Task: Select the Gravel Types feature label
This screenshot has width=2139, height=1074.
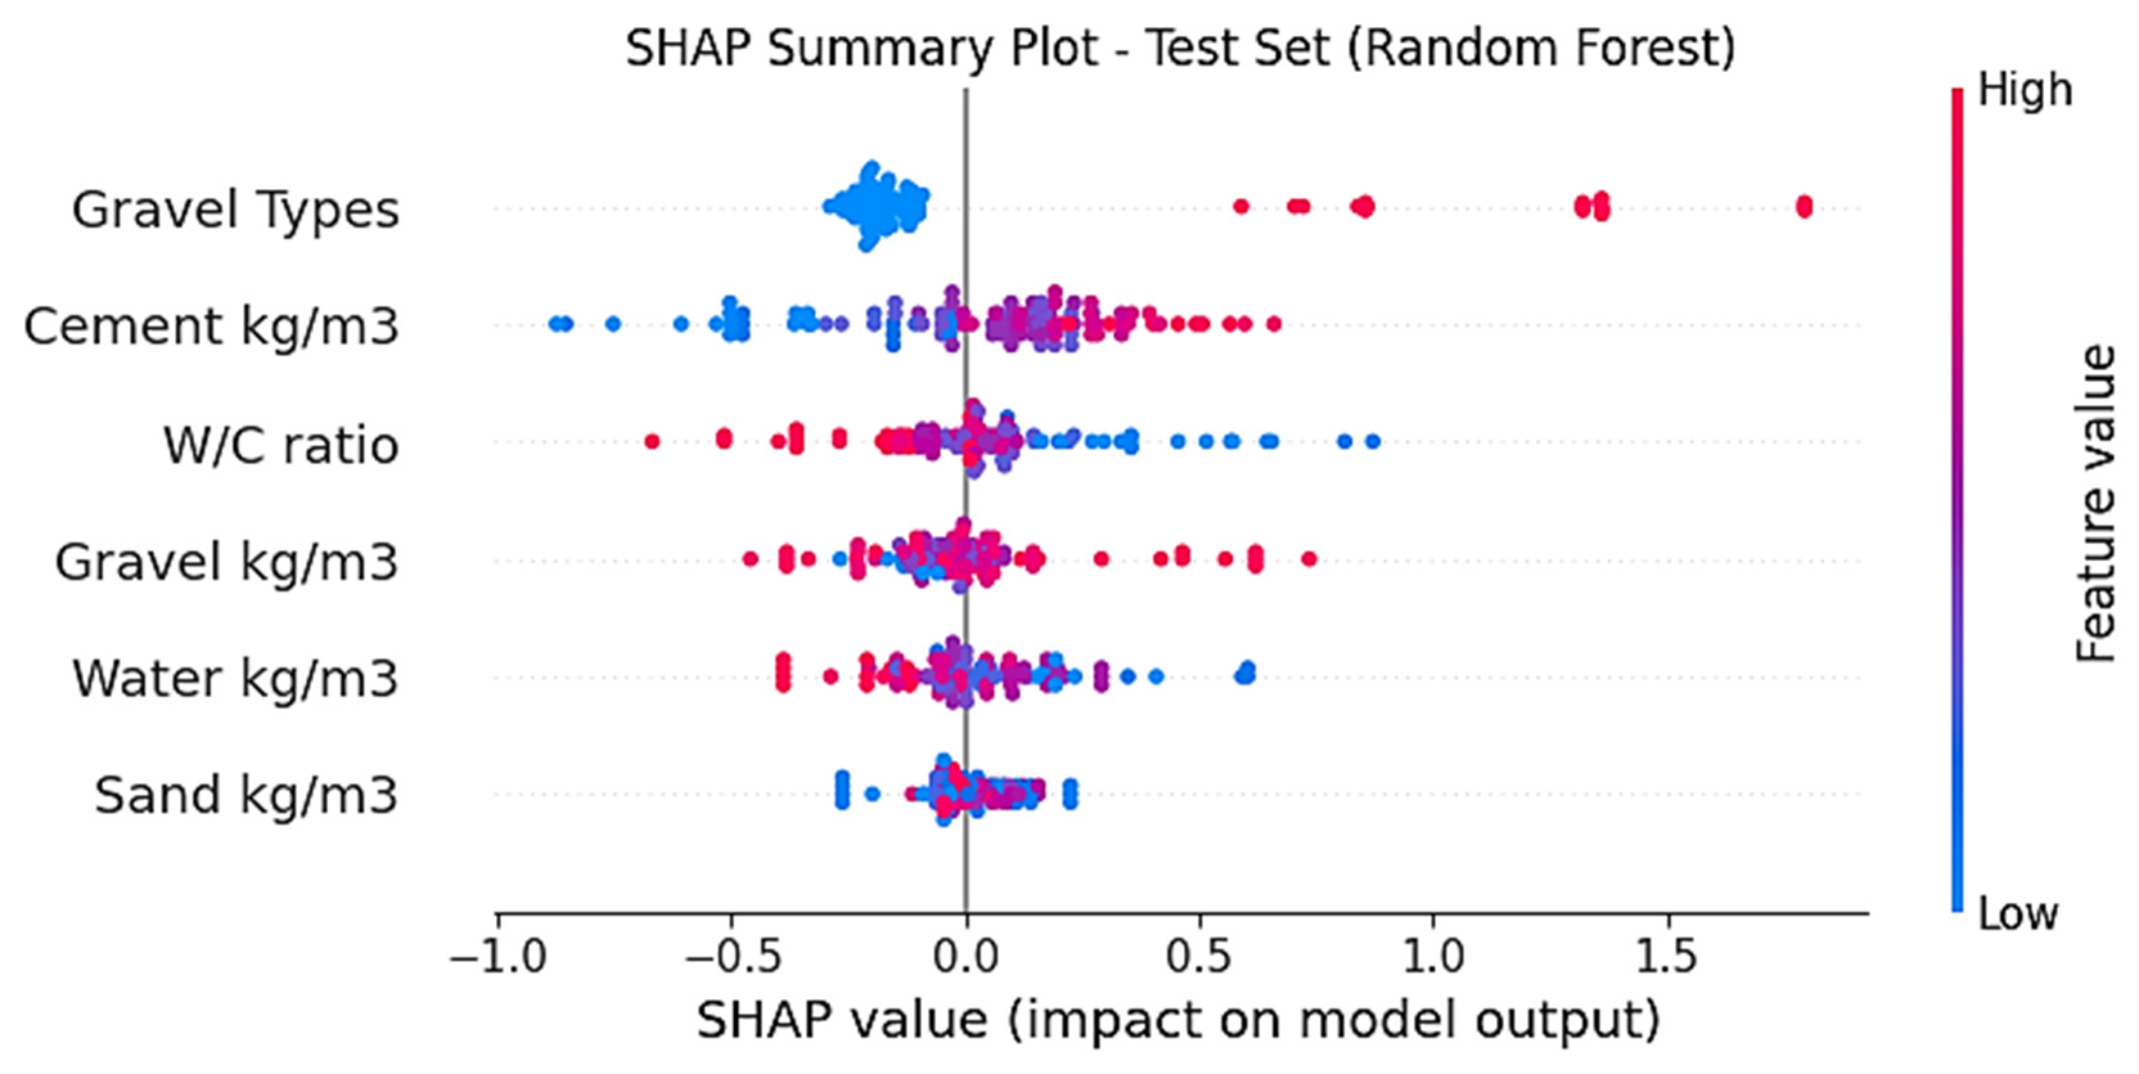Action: [236, 210]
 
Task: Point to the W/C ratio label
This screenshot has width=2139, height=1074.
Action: [281, 444]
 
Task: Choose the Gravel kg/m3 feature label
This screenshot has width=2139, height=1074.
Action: [227, 562]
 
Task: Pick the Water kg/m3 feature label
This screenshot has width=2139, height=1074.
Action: [236, 679]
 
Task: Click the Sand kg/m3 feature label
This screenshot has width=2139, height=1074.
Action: [247, 795]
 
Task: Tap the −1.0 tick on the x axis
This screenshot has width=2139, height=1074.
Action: [498, 956]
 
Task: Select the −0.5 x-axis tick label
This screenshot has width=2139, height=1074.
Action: [732, 956]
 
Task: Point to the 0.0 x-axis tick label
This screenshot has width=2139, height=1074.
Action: [966, 956]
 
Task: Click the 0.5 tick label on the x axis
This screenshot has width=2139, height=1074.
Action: [1199, 956]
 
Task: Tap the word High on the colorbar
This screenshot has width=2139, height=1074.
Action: [2025, 90]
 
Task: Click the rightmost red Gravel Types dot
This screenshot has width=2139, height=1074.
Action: [1804, 206]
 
